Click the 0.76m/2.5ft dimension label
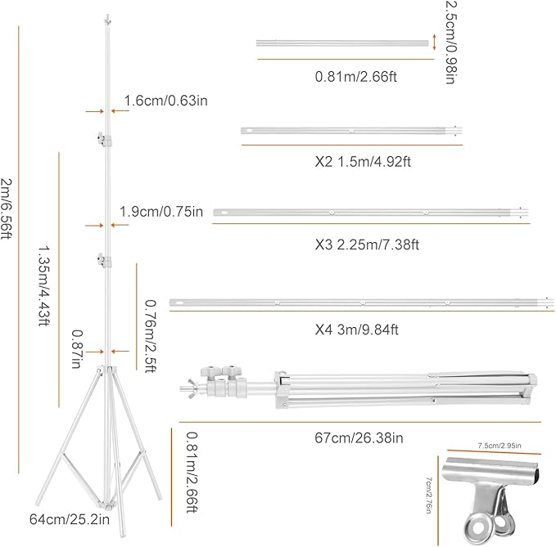point(150,335)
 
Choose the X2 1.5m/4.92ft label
point(356,161)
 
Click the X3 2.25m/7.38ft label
point(356,244)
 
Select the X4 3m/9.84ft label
point(357,331)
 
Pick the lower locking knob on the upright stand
point(102,261)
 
